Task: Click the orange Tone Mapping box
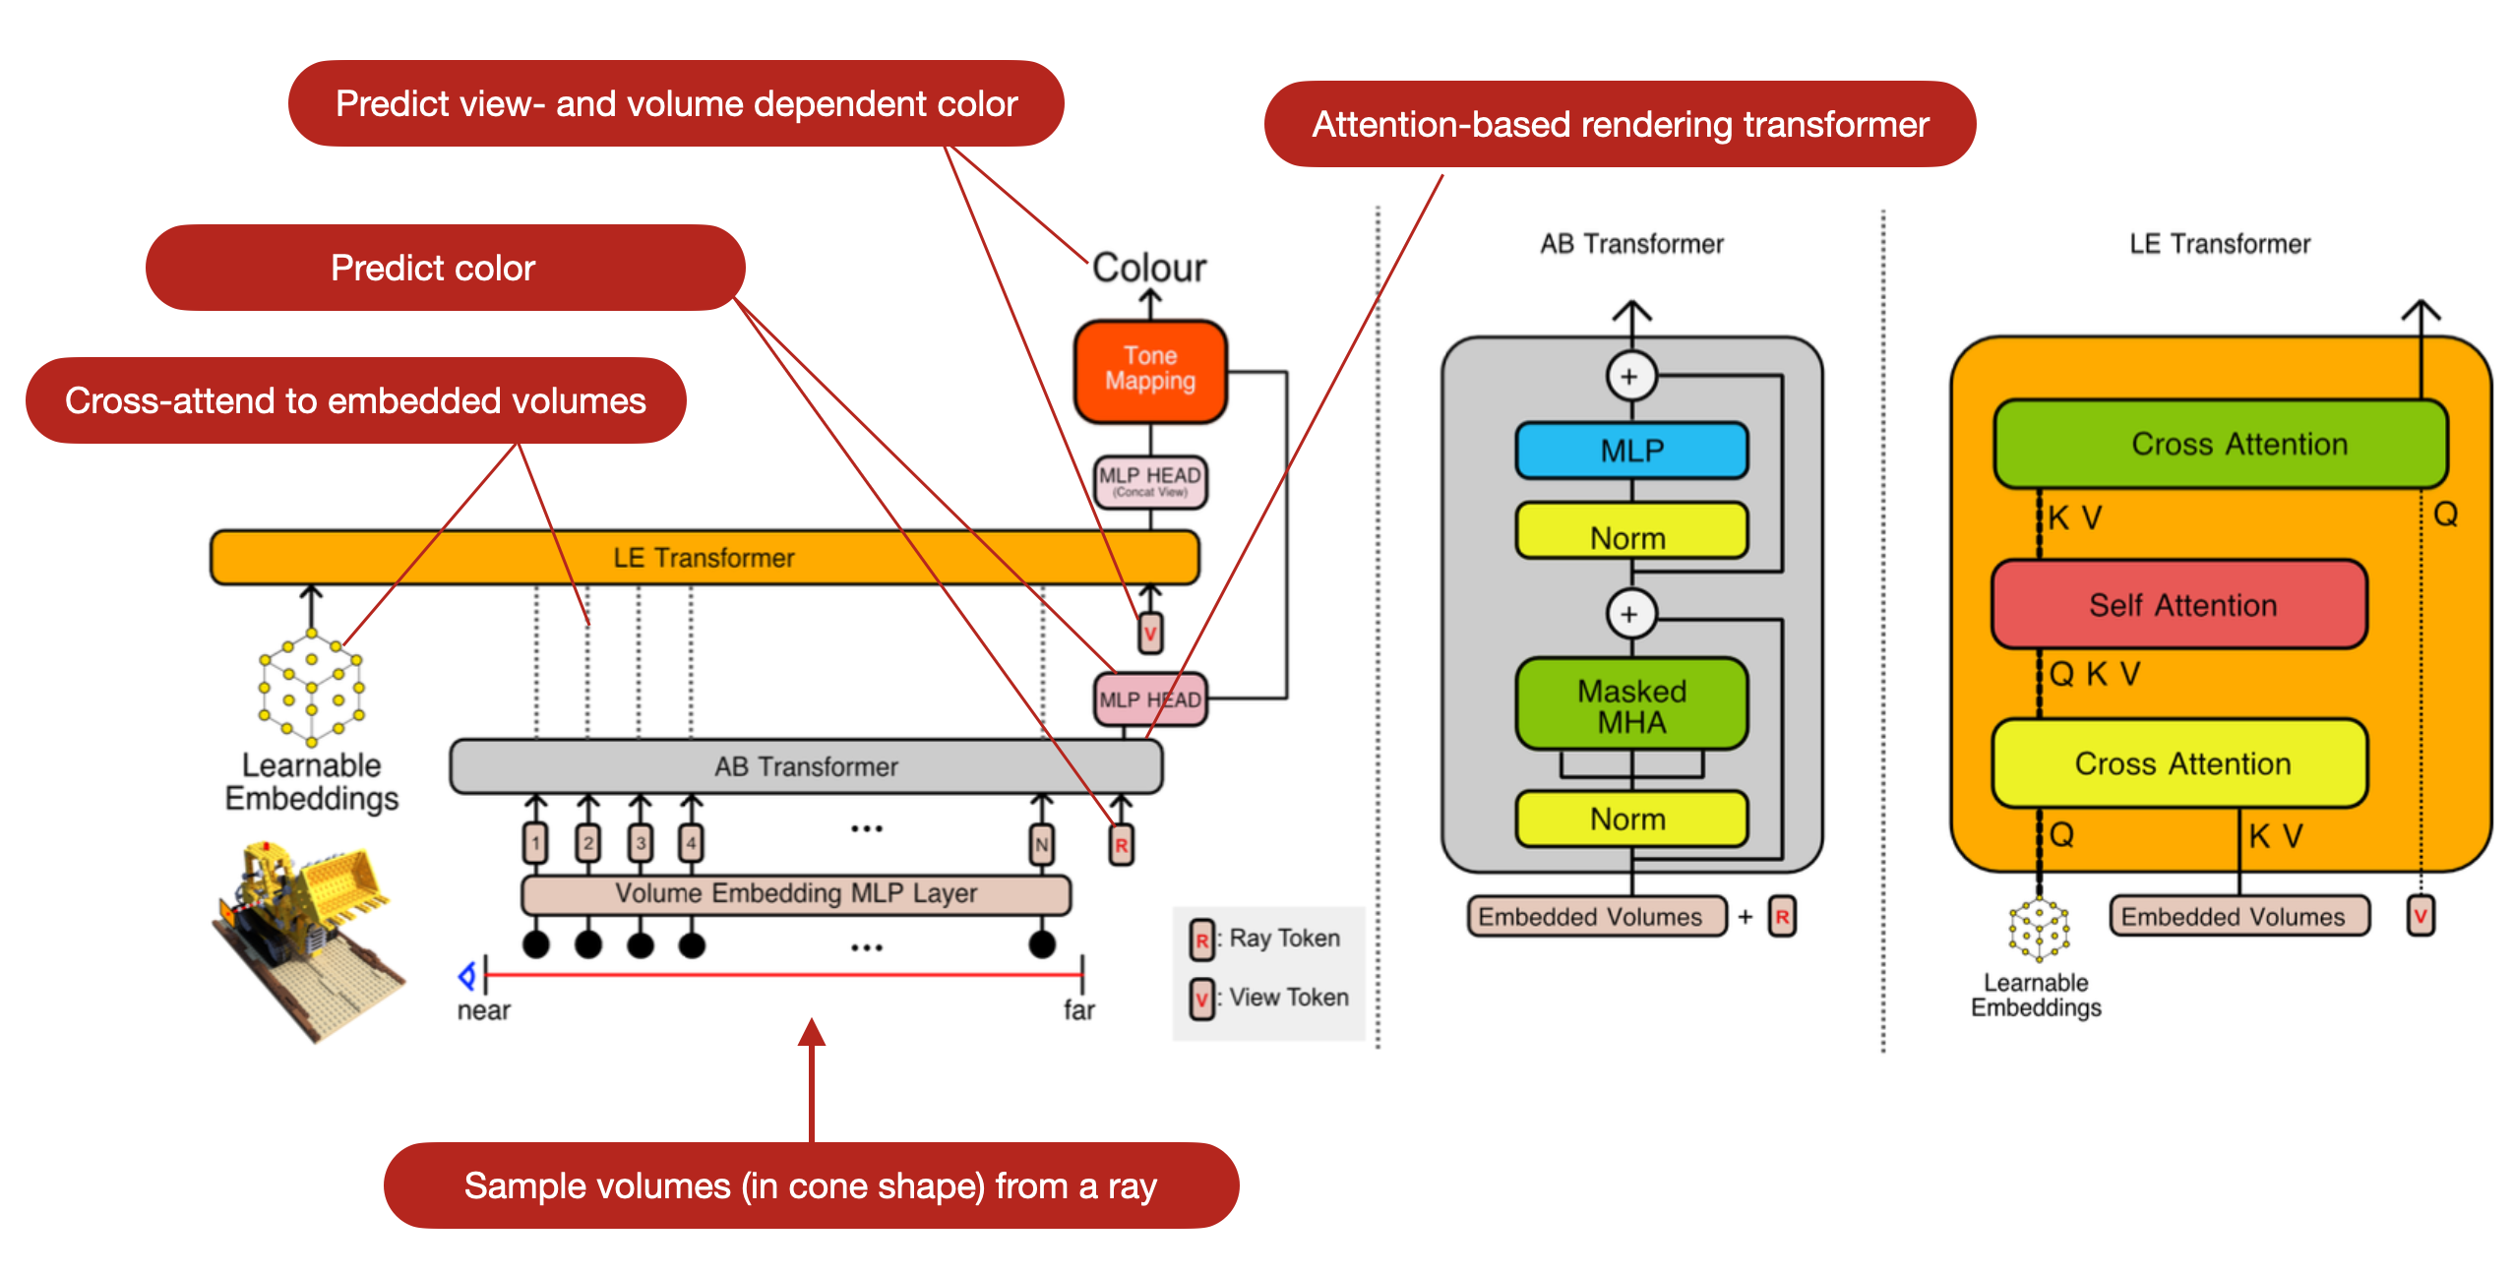point(1149,370)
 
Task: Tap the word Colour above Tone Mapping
point(1148,268)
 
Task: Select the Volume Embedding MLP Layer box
point(795,893)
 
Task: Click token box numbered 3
point(641,843)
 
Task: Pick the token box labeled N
point(1041,844)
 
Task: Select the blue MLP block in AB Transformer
point(1631,451)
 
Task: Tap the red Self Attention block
point(2180,605)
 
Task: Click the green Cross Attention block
point(2220,444)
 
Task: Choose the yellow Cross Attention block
point(2180,763)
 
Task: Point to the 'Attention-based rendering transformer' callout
point(1620,125)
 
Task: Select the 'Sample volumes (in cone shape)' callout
point(811,1185)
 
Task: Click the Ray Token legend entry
point(1267,939)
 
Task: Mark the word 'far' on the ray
point(1078,1010)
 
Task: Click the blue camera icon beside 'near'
point(467,975)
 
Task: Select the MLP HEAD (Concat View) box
point(1149,481)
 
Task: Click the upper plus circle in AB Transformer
point(1629,377)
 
